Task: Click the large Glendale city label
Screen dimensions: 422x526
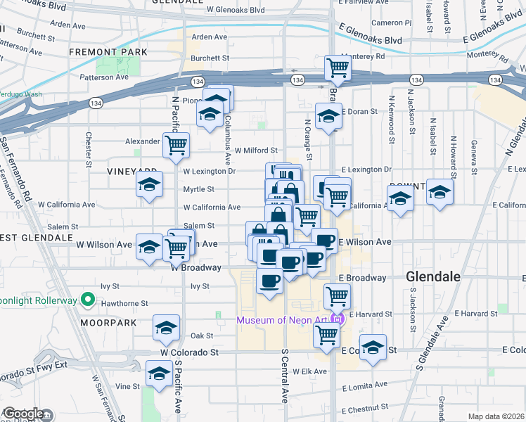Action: pos(433,276)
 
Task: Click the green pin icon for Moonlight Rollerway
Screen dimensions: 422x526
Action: pos(88,300)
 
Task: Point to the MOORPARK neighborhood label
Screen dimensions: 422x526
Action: pos(108,322)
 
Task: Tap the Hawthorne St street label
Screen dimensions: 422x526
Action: pos(124,304)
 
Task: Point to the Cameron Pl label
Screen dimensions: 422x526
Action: pos(387,23)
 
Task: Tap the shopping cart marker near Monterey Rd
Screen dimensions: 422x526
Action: pos(338,68)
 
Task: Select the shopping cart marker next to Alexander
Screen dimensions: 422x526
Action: pos(176,145)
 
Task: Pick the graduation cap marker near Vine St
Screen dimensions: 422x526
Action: pos(159,372)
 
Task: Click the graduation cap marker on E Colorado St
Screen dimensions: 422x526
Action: pos(373,347)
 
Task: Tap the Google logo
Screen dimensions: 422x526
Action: pos(23,414)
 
